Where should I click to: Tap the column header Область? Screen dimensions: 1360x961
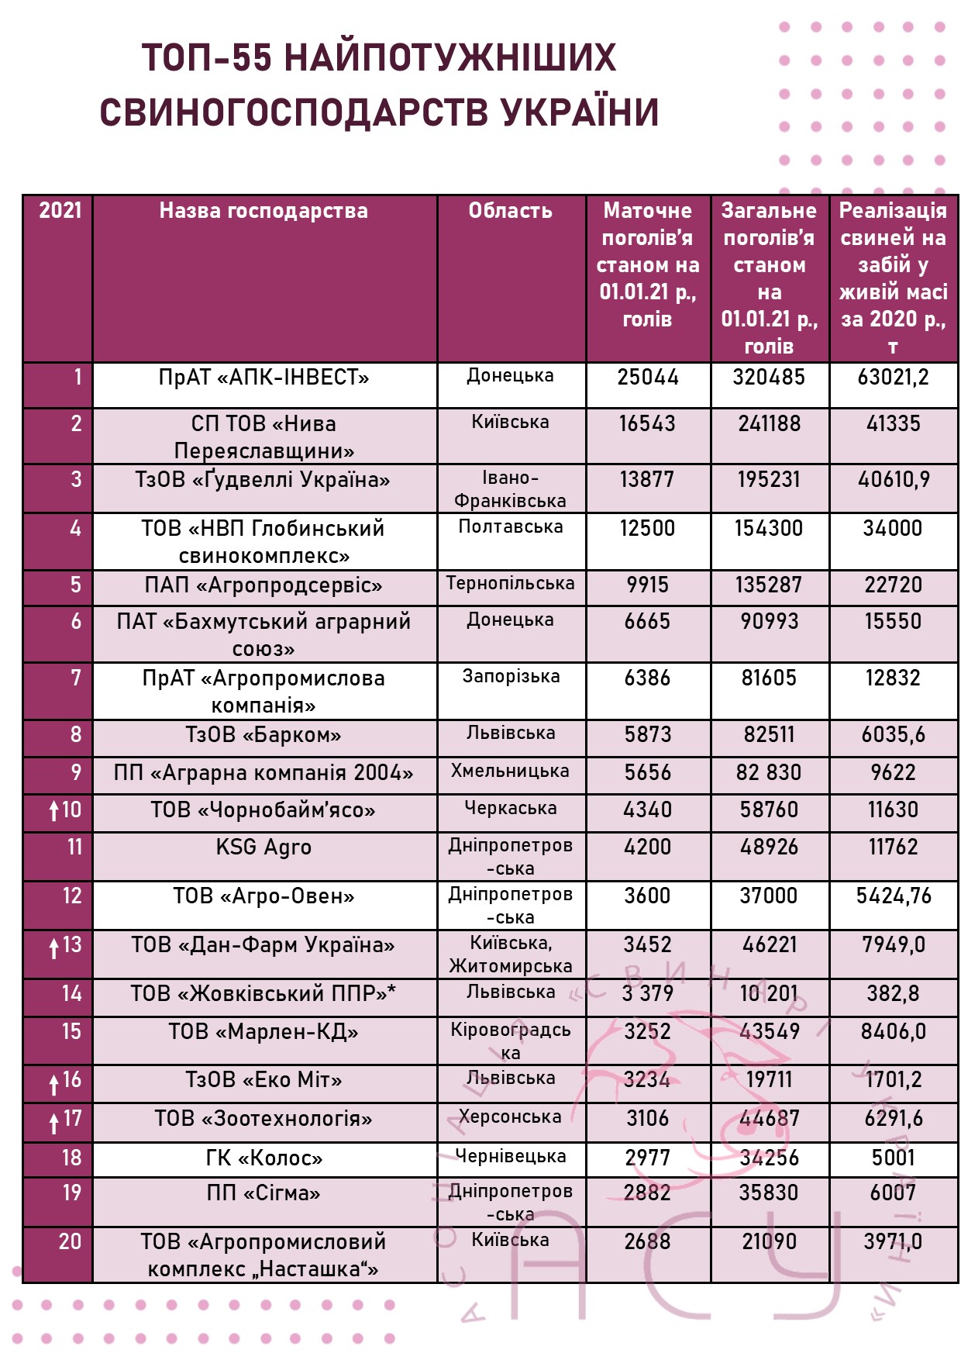coord(510,211)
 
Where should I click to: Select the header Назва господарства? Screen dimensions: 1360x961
coord(263,211)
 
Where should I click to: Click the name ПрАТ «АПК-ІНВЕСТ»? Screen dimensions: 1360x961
coord(263,378)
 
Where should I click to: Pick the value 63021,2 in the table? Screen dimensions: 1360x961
coord(893,378)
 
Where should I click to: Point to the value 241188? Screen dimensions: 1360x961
coord(769,424)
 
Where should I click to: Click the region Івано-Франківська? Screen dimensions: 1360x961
coord(510,489)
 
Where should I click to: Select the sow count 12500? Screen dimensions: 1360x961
coord(647,529)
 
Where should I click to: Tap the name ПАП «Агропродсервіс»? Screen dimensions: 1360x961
coord(263,585)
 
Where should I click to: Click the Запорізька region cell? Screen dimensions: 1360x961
coord(511,677)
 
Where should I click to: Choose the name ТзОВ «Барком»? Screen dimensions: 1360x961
coord(263,735)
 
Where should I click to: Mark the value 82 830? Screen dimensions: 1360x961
coord(769,773)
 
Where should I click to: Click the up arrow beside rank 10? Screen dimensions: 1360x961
coord(53,811)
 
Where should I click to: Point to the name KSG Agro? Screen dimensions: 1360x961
coord(263,847)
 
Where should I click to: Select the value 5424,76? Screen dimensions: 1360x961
coord(893,896)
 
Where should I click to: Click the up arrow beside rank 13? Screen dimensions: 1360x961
coord(53,947)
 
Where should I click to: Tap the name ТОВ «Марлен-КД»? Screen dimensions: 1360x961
coord(263,1032)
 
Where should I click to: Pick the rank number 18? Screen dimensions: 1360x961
coord(71,1158)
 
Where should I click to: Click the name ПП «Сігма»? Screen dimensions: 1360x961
coord(263,1193)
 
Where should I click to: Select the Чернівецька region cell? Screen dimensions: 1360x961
coord(511,1157)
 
